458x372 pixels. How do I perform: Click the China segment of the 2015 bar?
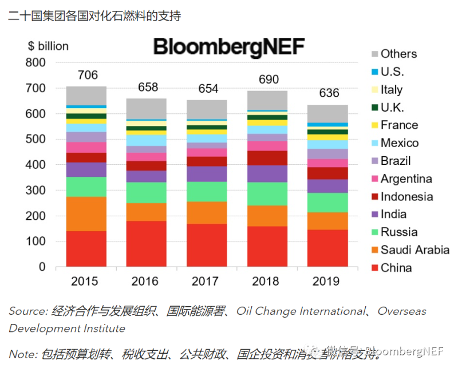[86, 249]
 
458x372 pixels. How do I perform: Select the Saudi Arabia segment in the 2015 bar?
[86, 214]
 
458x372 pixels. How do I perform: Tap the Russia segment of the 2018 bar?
[267, 194]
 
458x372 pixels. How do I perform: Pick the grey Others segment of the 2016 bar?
[146, 109]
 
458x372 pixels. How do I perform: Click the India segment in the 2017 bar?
[207, 174]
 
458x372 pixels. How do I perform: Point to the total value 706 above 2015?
[88, 75]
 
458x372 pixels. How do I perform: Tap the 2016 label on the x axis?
[146, 281]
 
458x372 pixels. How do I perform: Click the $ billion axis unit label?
[48, 46]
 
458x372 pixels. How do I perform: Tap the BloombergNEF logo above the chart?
[229, 46]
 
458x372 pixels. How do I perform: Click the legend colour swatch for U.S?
[375, 72]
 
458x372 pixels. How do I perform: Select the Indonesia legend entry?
[406, 196]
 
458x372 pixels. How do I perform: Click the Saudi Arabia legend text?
[414, 250]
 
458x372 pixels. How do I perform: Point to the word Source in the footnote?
[27, 311]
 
